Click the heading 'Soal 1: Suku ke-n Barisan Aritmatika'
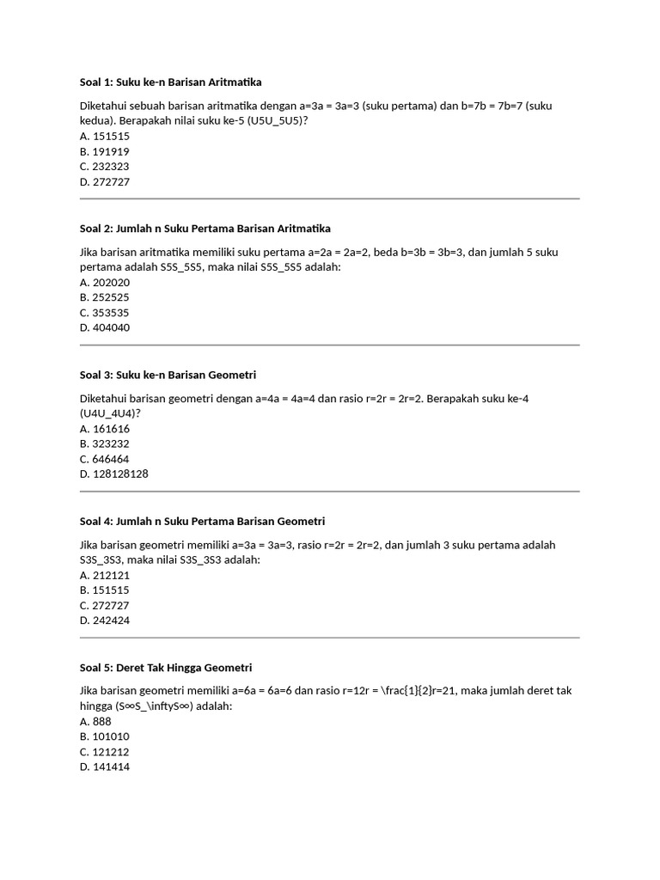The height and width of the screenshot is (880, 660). tap(170, 82)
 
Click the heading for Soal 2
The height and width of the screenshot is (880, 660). tap(205, 229)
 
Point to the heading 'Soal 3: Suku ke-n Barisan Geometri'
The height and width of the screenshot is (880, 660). tap(168, 375)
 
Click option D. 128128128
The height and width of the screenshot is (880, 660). tap(113, 474)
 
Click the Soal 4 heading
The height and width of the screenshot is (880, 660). tap(202, 522)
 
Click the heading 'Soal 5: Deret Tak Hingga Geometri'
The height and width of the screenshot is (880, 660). tap(165, 668)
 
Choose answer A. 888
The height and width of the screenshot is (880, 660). tap(95, 722)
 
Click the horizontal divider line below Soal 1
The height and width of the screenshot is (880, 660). tap(329, 199)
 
